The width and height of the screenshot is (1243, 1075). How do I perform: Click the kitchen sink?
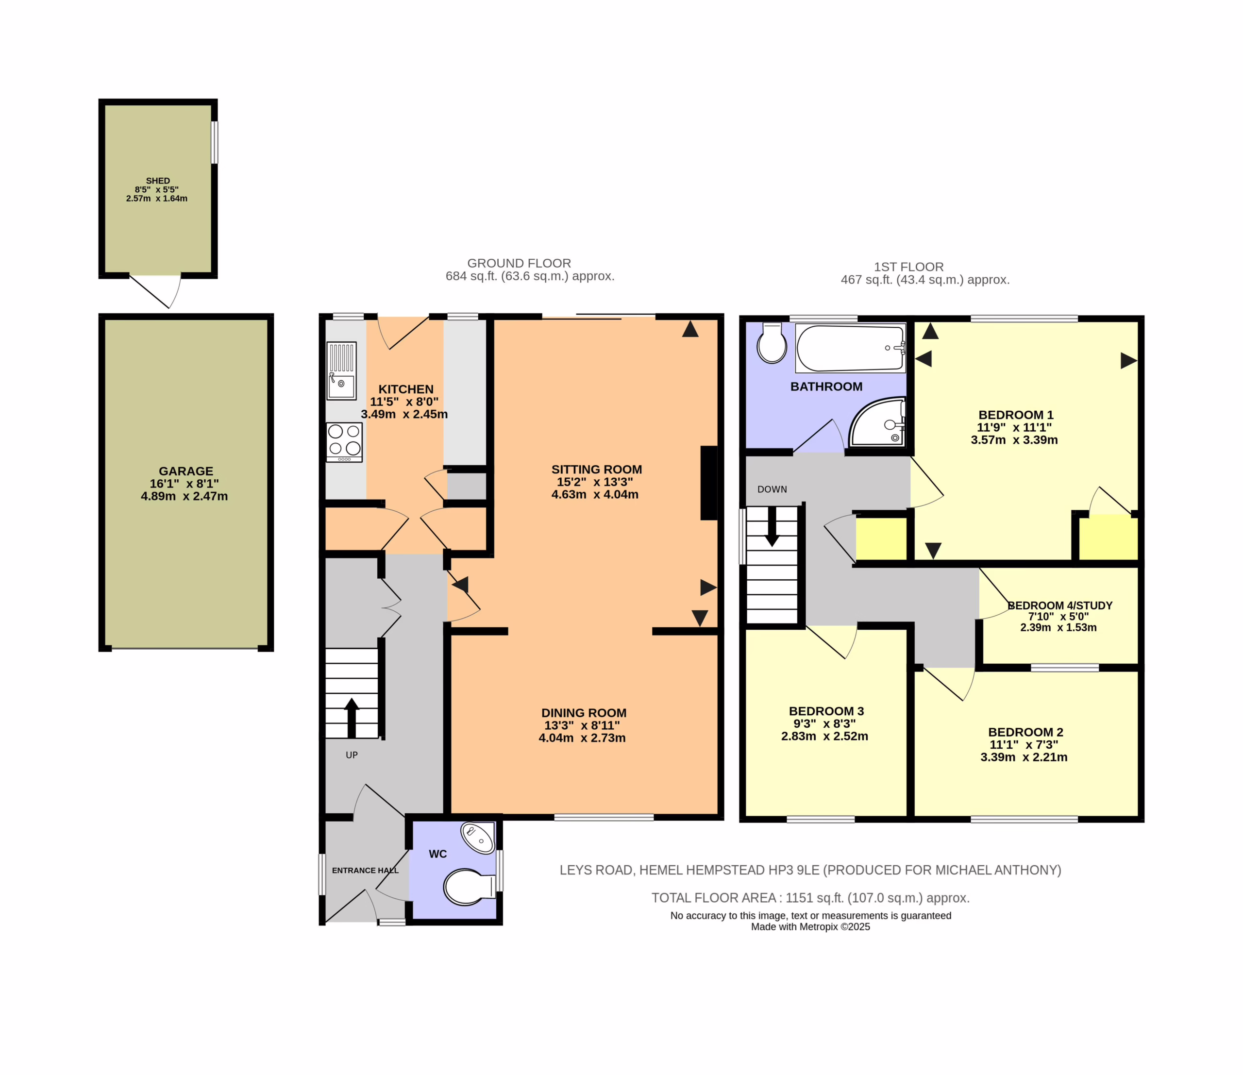click(x=341, y=371)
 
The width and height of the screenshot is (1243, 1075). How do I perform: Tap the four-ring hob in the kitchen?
click(x=344, y=442)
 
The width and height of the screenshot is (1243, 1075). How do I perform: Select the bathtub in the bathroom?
click(x=851, y=349)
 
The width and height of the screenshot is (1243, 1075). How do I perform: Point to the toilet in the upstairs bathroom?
click(x=772, y=343)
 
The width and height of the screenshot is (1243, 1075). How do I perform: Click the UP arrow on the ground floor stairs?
click(x=352, y=718)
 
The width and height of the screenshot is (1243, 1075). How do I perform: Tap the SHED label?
click(x=158, y=181)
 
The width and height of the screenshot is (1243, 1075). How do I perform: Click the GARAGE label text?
click(x=186, y=471)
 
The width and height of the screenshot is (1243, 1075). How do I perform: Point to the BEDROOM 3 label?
click(x=826, y=711)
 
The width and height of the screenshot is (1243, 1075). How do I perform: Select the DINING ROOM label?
click(x=584, y=713)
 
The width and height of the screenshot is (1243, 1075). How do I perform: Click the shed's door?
click(x=155, y=291)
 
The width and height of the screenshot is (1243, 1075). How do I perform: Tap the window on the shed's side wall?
click(x=215, y=142)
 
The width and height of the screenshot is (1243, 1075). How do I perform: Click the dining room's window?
click(x=604, y=817)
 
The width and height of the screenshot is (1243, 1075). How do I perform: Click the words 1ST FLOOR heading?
click(x=909, y=267)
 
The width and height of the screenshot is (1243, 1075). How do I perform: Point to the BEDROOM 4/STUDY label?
click(x=1060, y=605)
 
